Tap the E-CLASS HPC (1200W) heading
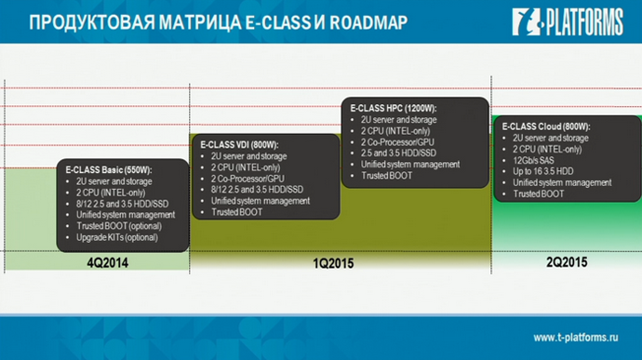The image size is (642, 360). point(394,109)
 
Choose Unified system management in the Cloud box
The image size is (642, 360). point(562,182)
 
